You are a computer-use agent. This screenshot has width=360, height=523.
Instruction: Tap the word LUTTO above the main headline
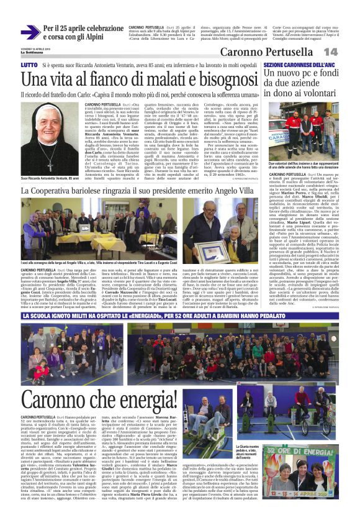pos(29,65)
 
